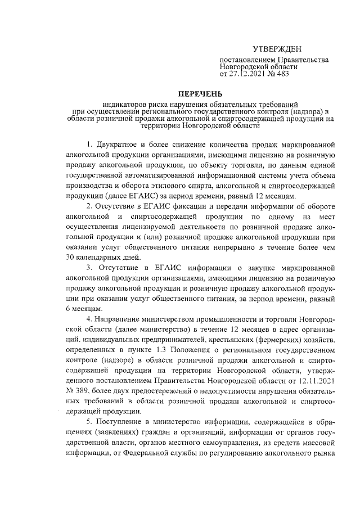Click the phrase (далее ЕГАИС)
[x=130, y=196]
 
